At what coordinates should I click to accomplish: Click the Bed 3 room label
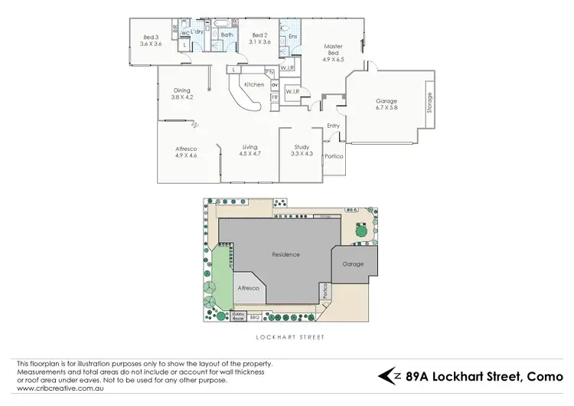click(151, 37)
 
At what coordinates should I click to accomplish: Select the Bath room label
click(227, 34)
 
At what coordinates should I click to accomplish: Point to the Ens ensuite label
click(292, 35)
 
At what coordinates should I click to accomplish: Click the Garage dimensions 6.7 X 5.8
click(386, 109)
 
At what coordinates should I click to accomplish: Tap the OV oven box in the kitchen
click(274, 84)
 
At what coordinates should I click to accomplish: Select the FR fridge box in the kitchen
click(274, 97)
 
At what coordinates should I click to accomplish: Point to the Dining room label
click(181, 91)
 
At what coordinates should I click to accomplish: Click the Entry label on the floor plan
click(333, 126)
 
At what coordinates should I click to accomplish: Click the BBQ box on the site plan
click(255, 316)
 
